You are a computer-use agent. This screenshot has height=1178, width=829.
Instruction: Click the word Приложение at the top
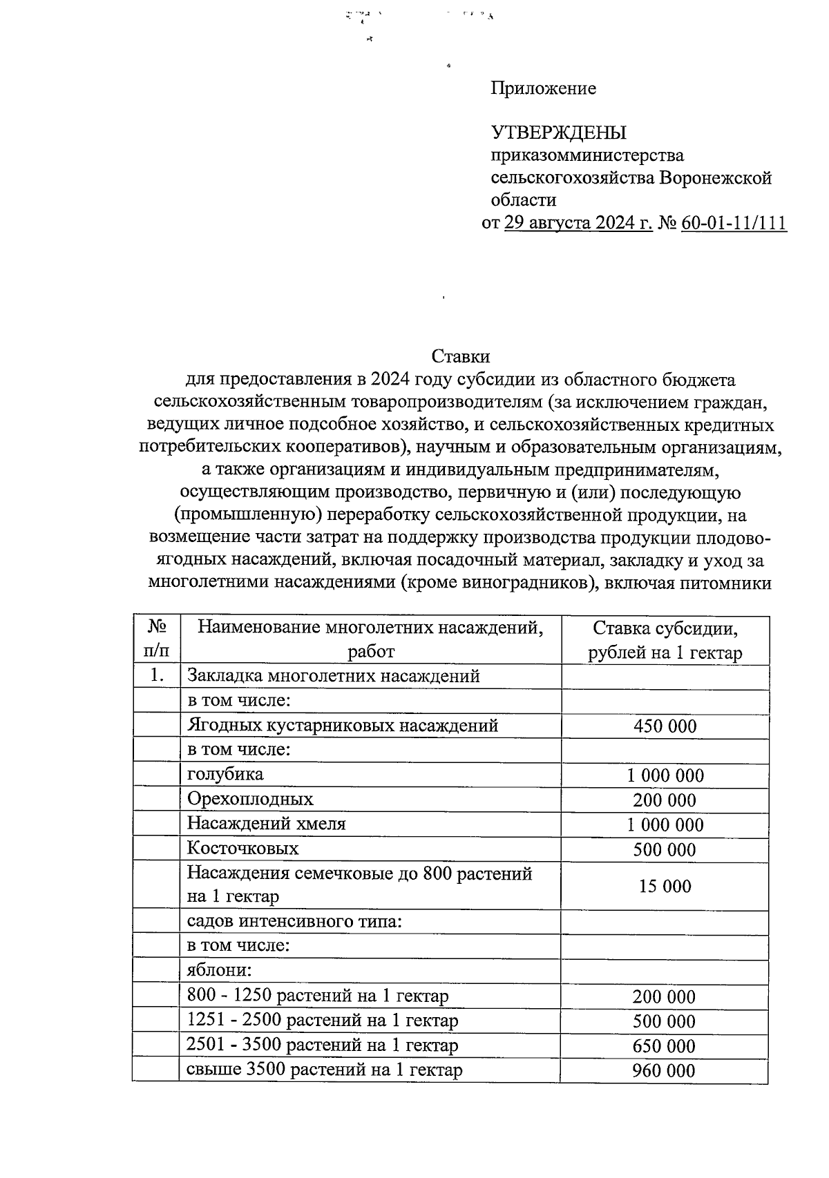(x=543, y=88)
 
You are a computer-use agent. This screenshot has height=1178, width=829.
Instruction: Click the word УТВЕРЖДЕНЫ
(x=558, y=133)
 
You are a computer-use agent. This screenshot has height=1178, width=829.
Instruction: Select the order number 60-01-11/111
(x=734, y=223)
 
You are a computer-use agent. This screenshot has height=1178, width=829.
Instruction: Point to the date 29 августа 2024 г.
(x=578, y=223)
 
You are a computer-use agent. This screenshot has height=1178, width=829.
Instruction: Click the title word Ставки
(x=460, y=356)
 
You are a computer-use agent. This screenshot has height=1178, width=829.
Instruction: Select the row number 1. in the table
(x=156, y=676)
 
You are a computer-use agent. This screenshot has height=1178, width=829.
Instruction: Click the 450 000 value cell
(x=665, y=726)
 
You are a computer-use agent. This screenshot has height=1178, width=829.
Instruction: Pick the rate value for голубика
(x=665, y=775)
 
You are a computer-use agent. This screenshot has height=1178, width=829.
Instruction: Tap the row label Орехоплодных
(x=250, y=800)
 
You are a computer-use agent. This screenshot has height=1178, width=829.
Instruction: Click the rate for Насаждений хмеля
(x=665, y=825)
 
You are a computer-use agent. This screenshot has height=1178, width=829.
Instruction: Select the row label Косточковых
(x=243, y=849)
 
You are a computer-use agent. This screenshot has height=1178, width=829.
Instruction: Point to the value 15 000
(x=665, y=887)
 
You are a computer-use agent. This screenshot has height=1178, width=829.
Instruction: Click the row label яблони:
(x=219, y=971)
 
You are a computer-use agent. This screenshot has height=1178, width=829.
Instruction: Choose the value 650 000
(x=665, y=1046)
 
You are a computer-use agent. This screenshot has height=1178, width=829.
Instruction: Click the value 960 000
(x=665, y=1071)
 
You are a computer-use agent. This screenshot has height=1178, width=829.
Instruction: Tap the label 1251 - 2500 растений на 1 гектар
(x=323, y=1021)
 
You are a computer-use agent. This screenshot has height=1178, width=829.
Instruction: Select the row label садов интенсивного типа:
(x=294, y=922)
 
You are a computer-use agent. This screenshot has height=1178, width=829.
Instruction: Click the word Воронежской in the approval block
(x=715, y=178)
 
